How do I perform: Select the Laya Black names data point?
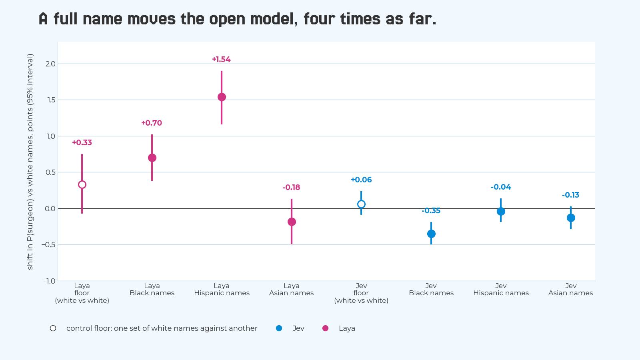(x=152, y=158)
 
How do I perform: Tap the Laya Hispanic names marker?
(x=222, y=97)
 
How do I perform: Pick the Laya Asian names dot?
(x=292, y=222)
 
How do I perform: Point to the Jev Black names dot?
(x=431, y=234)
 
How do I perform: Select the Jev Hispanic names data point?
(x=501, y=212)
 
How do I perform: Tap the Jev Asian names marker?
(x=570, y=218)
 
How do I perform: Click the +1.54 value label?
(x=222, y=60)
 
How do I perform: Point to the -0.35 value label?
(x=431, y=210)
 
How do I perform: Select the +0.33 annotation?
(x=82, y=142)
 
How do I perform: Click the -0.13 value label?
(x=570, y=195)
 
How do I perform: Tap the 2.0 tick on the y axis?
(x=50, y=64)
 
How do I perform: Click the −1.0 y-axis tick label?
(x=49, y=281)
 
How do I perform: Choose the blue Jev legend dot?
(x=279, y=328)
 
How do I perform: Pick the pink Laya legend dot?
(x=325, y=328)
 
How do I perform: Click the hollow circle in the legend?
(x=53, y=328)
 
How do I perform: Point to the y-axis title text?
(x=30, y=162)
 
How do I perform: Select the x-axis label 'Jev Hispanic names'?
(x=501, y=289)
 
